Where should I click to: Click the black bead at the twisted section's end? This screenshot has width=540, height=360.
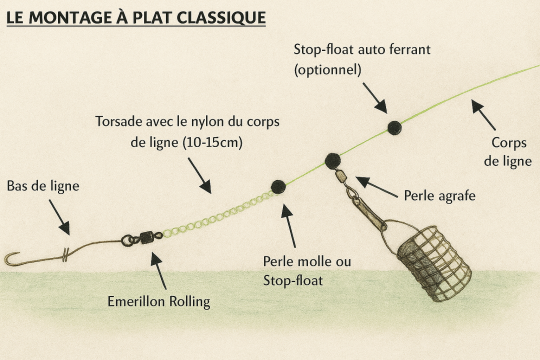point(278,187)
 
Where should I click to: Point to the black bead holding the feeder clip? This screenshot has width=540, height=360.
point(332,160)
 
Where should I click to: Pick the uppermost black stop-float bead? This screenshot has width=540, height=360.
point(394,127)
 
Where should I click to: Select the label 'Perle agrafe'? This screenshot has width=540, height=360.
point(438,193)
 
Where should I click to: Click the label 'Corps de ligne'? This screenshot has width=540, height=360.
point(508,151)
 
